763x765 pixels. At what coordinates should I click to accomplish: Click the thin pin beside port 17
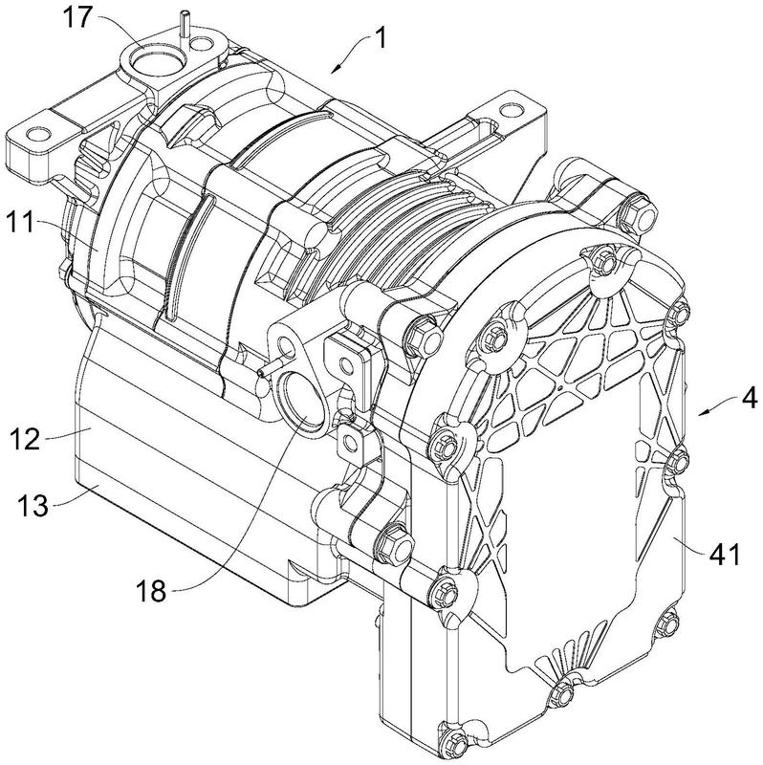pos(180,20)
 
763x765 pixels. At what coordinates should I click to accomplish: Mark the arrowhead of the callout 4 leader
pos(701,413)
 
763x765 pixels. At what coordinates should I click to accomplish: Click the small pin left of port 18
pos(270,364)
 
